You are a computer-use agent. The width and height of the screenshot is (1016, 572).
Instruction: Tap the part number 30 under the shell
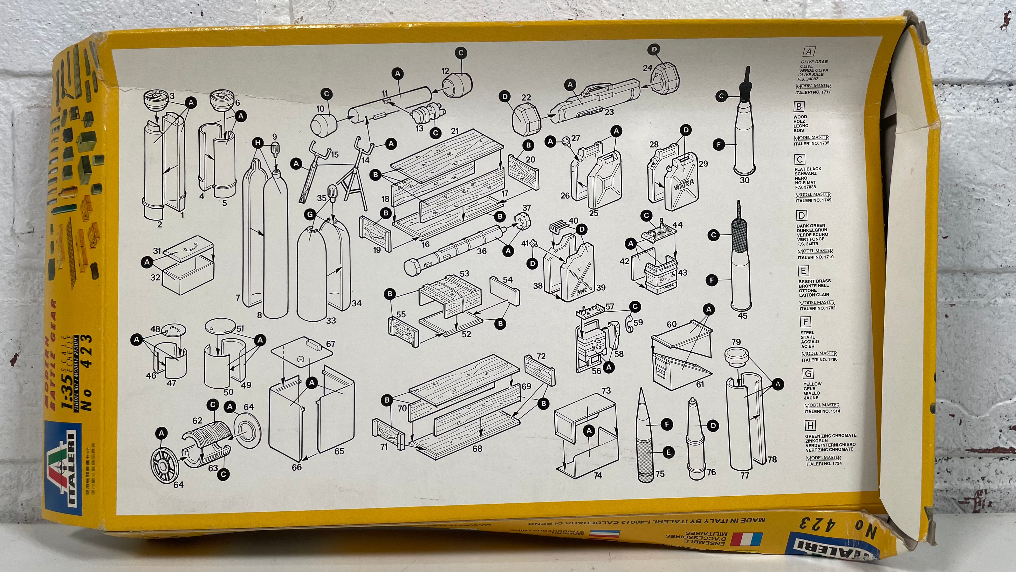point(744,180)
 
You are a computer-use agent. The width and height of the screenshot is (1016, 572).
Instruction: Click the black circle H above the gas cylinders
point(258,143)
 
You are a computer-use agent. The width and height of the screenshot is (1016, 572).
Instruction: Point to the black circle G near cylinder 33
point(310,215)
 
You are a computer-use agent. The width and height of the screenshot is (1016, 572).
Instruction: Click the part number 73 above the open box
point(606,391)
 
